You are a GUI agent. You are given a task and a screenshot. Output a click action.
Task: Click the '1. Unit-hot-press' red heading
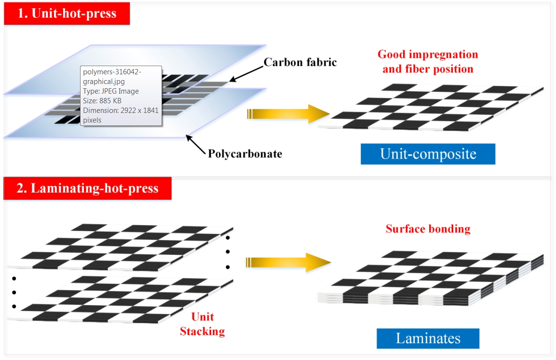point(67,13)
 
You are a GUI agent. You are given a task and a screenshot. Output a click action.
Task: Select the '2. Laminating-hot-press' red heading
point(87,188)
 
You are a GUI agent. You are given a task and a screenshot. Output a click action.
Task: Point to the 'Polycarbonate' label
point(245,154)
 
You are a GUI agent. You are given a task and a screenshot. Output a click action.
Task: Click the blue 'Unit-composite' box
point(428,154)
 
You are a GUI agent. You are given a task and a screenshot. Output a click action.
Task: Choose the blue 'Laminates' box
point(428,338)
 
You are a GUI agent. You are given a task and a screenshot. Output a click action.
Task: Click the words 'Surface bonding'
point(428,228)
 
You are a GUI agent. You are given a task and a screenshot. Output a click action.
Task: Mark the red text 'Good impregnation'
point(428,54)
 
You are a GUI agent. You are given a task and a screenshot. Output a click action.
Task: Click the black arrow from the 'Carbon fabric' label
point(246,73)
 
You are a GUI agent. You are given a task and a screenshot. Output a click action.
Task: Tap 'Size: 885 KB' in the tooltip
point(102,101)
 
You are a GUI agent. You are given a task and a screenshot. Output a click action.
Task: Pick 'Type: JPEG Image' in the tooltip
point(111,91)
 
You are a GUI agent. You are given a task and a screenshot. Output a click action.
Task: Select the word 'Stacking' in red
point(202,332)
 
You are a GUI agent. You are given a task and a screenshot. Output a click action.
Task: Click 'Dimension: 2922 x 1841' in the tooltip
point(121,111)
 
